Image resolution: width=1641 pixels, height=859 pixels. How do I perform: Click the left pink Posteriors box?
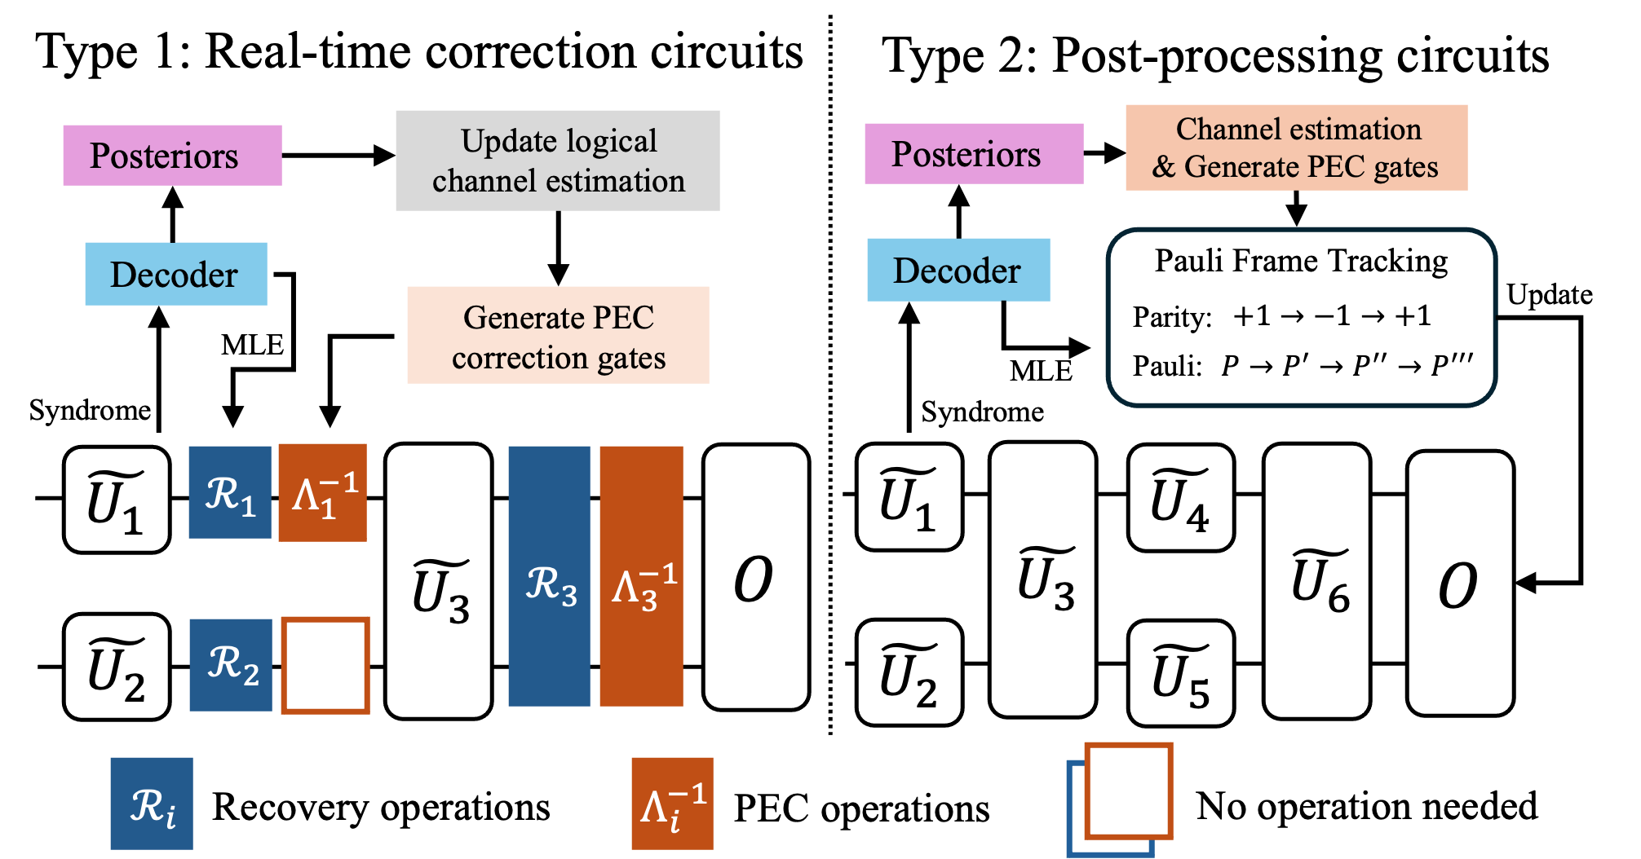click(x=172, y=155)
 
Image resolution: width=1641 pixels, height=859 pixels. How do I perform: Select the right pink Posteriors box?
click(x=974, y=153)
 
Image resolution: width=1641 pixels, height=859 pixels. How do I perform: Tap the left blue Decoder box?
click(x=175, y=274)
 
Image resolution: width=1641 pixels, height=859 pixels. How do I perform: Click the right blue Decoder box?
click(x=958, y=270)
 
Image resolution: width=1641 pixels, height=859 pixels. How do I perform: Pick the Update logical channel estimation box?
click(x=557, y=161)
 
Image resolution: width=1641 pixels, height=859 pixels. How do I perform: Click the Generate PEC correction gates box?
click(x=558, y=335)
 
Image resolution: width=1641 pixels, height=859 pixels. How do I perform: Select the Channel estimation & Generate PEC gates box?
click(x=1296, y=148)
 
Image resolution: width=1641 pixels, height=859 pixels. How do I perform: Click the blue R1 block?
click(x=229, y=492)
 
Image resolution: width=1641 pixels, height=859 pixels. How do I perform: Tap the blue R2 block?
click(x=231, y=665)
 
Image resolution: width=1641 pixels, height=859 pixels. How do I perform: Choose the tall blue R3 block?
click(x=549, y=576)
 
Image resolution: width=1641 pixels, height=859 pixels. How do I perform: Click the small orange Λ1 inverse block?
click(x=322, y=492)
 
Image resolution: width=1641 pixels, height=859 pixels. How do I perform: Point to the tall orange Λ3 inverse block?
click(x=641, y=576)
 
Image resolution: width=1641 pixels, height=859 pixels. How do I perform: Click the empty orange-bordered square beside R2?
click(x=325, y=666)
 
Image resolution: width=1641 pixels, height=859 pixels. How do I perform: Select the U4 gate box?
click(x=1180, y=497)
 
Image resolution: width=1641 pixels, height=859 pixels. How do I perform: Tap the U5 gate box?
click(x=1180, y=673)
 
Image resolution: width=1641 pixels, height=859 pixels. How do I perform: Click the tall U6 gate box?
click(x=1316, y=580)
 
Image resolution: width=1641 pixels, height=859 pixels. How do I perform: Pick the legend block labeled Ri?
click(x=152, y=804)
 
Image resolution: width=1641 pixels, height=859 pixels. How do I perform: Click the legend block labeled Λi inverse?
click(x=672, y=804)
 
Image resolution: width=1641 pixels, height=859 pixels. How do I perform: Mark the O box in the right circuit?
click(x=1460, y=584)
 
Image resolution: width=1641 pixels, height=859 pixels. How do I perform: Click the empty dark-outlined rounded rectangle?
click(x=1301, y=317)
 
